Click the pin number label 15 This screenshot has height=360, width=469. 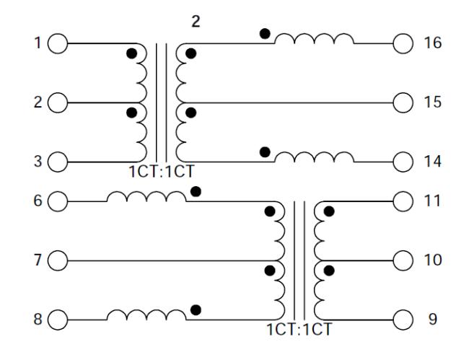pos(432,102)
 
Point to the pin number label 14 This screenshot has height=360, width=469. pos(432,162)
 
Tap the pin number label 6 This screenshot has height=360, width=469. pos(38,201)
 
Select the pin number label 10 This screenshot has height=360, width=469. pos(432,260)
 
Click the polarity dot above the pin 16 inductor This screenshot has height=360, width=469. pos(265,33)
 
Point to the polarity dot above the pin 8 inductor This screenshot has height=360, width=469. pos(196,310)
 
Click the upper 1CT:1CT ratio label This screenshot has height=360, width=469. pos(162,172)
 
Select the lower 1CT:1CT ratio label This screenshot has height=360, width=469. pos(299,330)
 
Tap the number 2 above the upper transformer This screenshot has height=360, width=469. pos(196,22)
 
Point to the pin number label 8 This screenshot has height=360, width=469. pos(38,319)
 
